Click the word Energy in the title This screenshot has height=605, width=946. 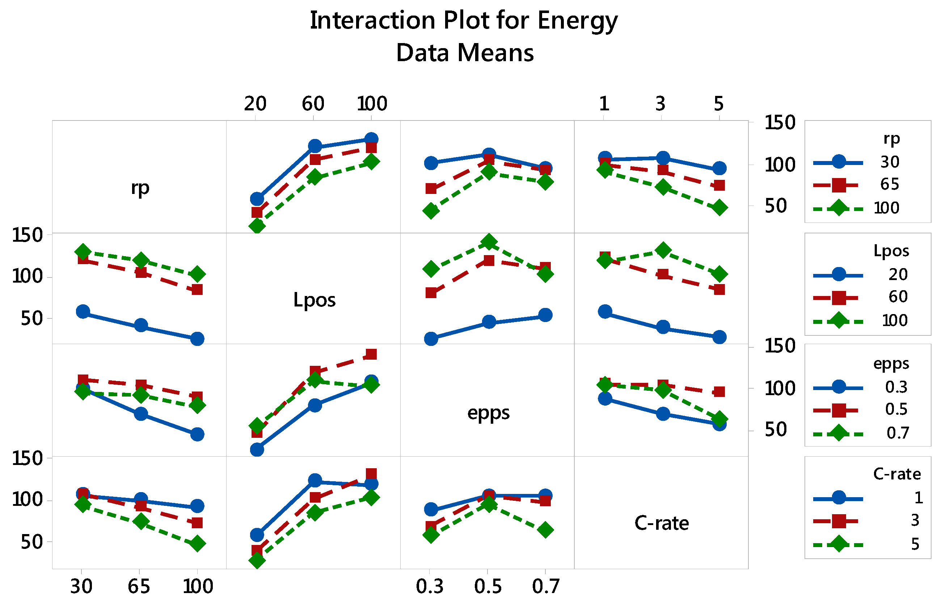[x=577, y=21]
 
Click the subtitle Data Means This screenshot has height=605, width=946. [x=465, y=53]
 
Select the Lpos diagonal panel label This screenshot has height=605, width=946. [x=314, y=300]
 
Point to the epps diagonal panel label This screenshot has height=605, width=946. [x=488, y=413]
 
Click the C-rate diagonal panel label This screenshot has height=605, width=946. [x=662, y=523]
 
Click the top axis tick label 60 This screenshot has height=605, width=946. [x=313, y=104]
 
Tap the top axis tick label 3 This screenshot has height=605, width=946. [x=661, y=104]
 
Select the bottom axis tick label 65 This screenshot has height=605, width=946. [x=139, y=587]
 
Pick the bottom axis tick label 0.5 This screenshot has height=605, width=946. [x=488, y=587]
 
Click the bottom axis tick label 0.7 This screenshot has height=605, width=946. [x=546, y=587]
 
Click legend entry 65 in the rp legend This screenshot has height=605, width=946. [x=890, y=184]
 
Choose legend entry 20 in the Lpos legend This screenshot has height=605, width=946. [x=898, y=275]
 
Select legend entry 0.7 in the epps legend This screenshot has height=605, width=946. [x=898, y=433]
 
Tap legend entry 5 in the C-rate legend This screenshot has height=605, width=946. [x=915, y=544]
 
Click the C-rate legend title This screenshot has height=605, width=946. [x=897, y=474]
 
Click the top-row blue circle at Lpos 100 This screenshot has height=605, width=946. [x=371, y=139]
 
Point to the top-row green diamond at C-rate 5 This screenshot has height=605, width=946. [x=719, y=207]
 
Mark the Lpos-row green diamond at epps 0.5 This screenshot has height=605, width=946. [x=489, y=242]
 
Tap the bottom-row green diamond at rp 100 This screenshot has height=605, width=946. [x=197, y=544]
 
